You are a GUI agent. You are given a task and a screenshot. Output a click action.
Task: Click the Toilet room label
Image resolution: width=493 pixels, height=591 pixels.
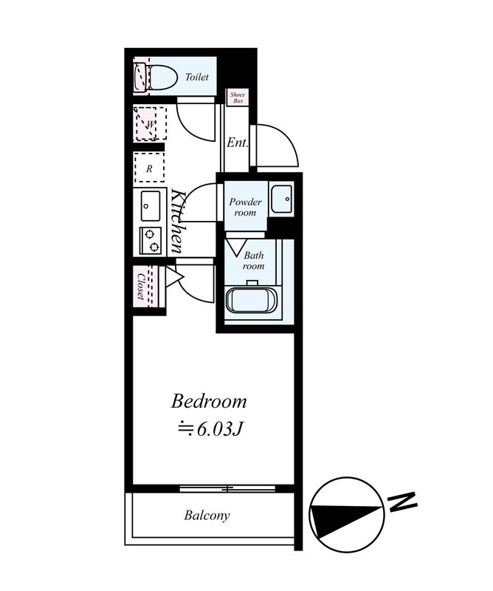(x=196, y=77)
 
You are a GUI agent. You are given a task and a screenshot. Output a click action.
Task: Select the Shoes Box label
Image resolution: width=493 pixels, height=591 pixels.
(x=237, y=98)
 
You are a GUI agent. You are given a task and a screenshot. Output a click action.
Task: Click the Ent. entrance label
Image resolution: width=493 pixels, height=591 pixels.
(x=237, y=143)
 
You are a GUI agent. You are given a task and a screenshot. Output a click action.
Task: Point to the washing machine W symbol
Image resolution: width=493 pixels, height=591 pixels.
(x=150, y=123)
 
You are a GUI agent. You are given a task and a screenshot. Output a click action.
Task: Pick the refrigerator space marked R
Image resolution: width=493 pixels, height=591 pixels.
(x=149, y=168)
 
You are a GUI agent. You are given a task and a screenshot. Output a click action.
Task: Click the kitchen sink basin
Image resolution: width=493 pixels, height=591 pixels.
(x=151, y=206)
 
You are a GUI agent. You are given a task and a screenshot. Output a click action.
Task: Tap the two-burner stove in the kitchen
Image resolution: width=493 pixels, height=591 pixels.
(x=151, y=241)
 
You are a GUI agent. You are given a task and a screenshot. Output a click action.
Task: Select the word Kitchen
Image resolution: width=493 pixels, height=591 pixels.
(x=178, y=221)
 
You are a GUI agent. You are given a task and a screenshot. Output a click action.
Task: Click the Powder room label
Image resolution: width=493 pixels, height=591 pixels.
(x=245, y=207)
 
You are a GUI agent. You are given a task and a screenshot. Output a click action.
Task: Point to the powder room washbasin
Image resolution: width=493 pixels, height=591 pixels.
(x=281, y=199)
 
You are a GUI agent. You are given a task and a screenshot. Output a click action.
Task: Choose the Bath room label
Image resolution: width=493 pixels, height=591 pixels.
(x=253, y=261)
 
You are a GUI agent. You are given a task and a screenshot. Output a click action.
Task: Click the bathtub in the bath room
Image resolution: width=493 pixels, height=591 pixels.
(x=252, y=300)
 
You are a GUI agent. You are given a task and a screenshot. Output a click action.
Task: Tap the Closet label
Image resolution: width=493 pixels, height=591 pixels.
(x=141, y=287)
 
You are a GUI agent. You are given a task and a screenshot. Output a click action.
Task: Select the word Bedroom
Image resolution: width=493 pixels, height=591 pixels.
(x=209, y=401)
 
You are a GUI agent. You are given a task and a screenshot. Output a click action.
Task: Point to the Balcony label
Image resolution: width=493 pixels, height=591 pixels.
(x=207, y=515)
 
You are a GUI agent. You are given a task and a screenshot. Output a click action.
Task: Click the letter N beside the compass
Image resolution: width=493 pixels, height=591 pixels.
(x=403, y=502)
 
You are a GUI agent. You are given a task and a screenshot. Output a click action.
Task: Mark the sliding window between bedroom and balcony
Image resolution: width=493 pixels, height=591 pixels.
(x=227, y=489)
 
